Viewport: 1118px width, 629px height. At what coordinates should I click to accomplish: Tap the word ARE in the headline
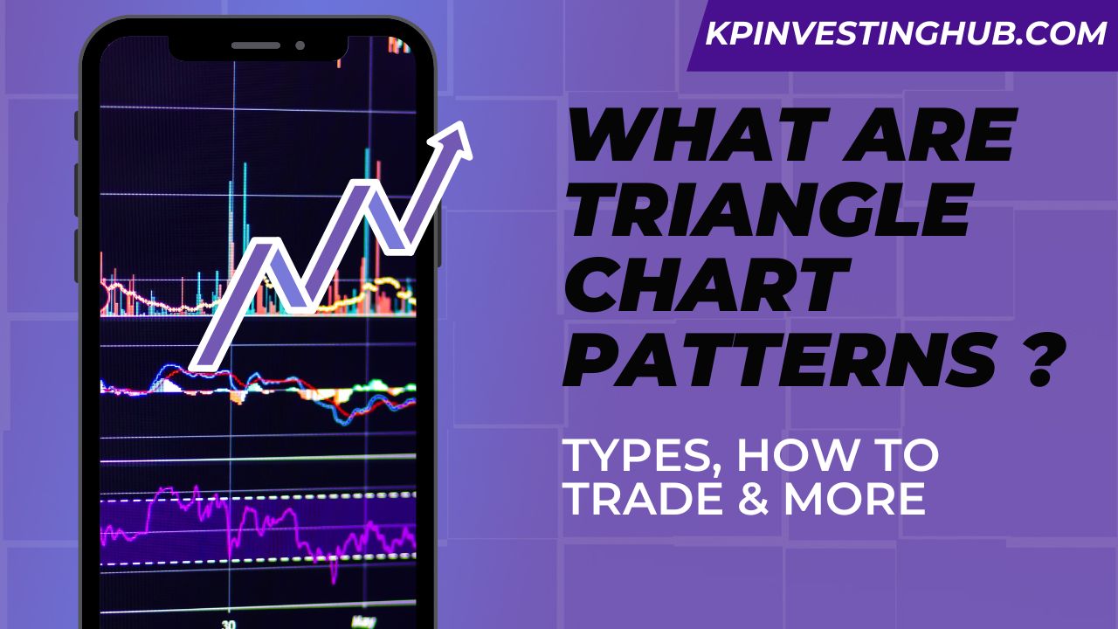pos(938,142)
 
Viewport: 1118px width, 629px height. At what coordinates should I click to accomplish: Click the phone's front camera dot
pos(300,45)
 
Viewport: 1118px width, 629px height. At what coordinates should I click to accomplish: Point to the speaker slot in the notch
pos(256,45)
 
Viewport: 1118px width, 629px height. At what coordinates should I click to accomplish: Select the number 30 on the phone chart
pos(228,624)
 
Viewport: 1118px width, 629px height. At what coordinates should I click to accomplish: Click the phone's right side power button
pos(438,236)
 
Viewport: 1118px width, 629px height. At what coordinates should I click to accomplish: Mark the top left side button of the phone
pos(78,125)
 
